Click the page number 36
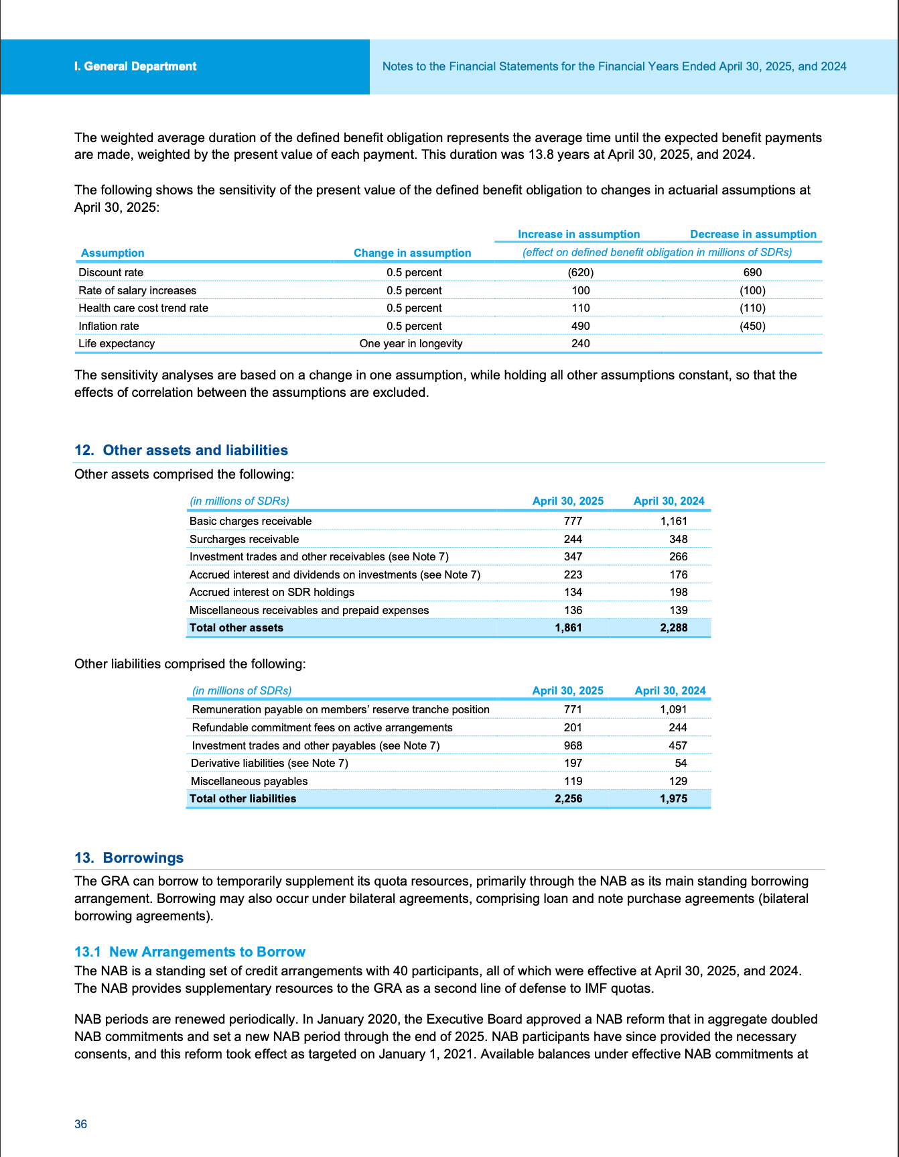point(80,1124)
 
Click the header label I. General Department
point(135,66)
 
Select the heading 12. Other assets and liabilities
point(181,450)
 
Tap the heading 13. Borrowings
point(129,858)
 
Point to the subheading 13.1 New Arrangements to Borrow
point(190,952)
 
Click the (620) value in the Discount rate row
point(580,272)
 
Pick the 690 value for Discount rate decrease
point(752,272)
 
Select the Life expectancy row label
point(117,343)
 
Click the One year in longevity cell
point(411,343)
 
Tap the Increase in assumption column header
point(579,234)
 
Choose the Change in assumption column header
point(412,253)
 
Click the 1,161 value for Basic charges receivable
point(673,521)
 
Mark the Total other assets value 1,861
point(568,627)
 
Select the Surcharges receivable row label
point(244,539)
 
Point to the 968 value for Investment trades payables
point(573,745)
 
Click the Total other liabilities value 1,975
point(673,798)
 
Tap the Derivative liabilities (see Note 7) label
point(269,763)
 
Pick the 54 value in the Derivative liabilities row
point(681,763)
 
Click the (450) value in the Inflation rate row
point(752,326)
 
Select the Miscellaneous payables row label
point(249,781)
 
